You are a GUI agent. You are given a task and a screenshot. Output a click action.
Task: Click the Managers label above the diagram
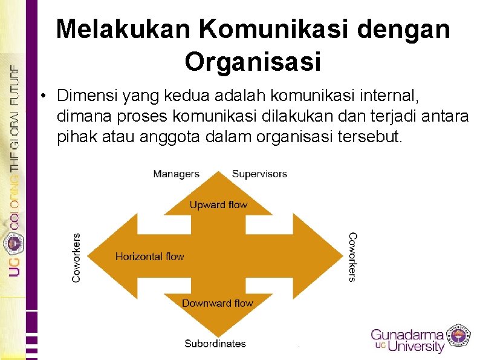click(176, 174)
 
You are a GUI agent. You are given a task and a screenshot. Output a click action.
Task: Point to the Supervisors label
click(259, 174)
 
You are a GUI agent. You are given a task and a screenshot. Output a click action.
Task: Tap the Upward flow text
click(218, 205)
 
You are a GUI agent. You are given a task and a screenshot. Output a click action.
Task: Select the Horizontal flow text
click(149, 257)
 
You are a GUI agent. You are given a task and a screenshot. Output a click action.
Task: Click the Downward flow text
click(218, 303)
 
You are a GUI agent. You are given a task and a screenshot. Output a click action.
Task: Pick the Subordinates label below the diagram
click(215, 344)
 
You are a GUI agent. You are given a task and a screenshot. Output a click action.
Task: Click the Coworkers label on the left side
click(77, 257)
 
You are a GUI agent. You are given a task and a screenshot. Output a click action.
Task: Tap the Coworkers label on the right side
click(352, 257)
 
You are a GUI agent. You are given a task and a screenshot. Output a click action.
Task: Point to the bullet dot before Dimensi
click(44, 96)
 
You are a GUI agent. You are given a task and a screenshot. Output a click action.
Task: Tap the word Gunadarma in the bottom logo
click(407, 335)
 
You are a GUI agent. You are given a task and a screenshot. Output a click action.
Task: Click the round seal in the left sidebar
click(13, 244)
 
